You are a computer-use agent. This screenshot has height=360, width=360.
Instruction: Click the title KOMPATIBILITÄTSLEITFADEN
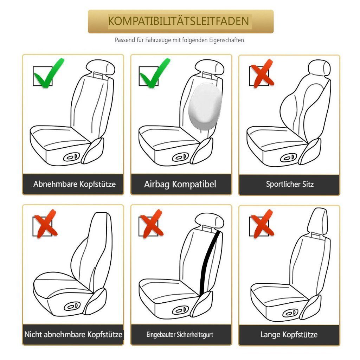tap(178, 21)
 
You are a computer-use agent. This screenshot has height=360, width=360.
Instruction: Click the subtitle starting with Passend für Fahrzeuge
tap(179, 40)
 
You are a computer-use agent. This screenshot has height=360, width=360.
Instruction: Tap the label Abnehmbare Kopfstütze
tap(75, 184)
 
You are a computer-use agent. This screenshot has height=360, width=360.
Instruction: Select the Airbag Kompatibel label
tap(180, 184)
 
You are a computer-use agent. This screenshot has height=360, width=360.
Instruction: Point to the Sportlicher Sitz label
tap(290, 184)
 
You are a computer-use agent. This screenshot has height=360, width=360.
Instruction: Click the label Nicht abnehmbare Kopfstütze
tap(73, 334)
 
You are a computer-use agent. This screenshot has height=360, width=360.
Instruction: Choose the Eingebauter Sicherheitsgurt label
tap(180, 335)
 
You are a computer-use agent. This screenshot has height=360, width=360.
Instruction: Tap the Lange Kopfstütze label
tap(289, 334)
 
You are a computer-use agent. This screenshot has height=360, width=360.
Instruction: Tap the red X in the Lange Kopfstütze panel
tap(261, 223)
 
